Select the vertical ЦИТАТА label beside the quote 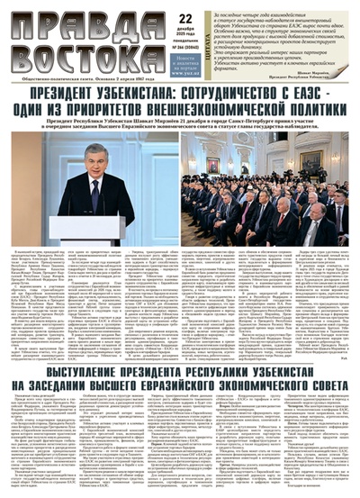tap(210, 41)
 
